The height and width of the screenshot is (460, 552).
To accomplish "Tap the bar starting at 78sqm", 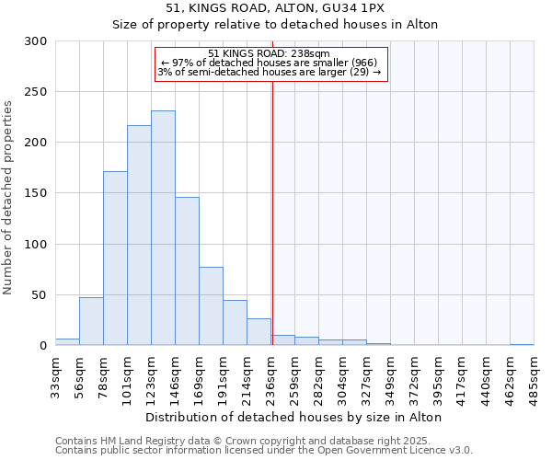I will pos(115,259).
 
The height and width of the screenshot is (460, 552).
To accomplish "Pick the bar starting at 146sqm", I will pos(187,271).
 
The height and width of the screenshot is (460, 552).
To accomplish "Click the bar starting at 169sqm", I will pos(211,306).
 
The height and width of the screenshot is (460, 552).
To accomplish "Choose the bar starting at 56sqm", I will pos(91,321).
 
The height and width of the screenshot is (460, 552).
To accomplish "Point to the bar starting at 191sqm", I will pos(235,323).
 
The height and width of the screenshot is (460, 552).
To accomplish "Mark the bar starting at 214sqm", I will pos(259,332).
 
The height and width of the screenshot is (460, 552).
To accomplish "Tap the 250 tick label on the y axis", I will pos(37,92).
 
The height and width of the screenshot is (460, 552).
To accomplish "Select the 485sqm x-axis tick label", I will pos(534,375).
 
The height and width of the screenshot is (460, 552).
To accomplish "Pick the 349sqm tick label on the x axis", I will pos(390,375).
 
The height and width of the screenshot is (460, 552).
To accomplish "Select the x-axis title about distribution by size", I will pos(294,417).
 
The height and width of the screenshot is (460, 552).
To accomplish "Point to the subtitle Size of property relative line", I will pos(274,25).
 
